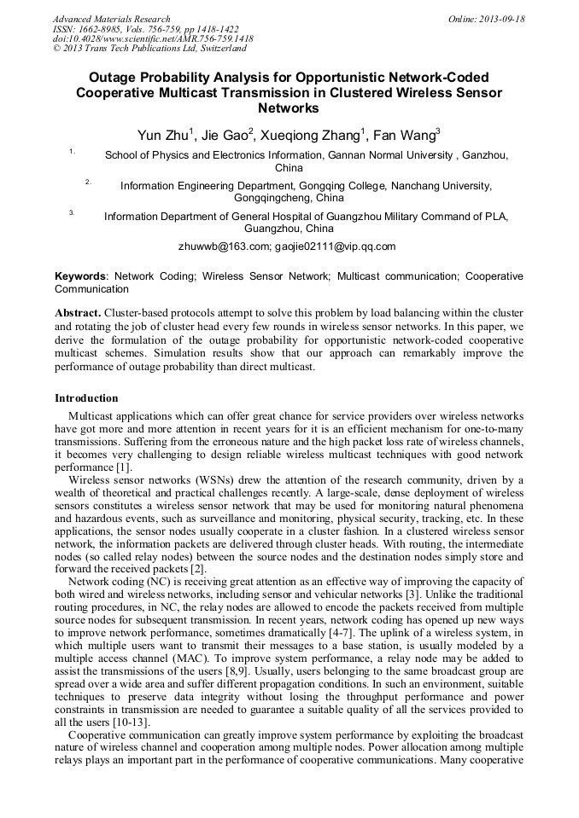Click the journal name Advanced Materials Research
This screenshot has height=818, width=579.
pos(111,19)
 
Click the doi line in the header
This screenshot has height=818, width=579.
pos(153,38)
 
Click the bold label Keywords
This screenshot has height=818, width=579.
pos(81,277)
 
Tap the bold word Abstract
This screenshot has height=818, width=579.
pos(78,313)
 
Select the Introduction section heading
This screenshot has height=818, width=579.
pos(86,398)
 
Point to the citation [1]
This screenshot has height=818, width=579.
pos(124,467)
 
